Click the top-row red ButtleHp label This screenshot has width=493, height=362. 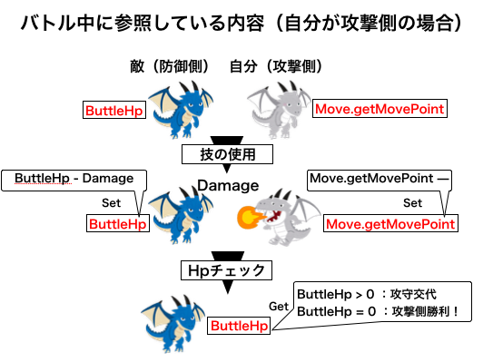tap(114, 111)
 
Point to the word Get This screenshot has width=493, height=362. tap(280, 308)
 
